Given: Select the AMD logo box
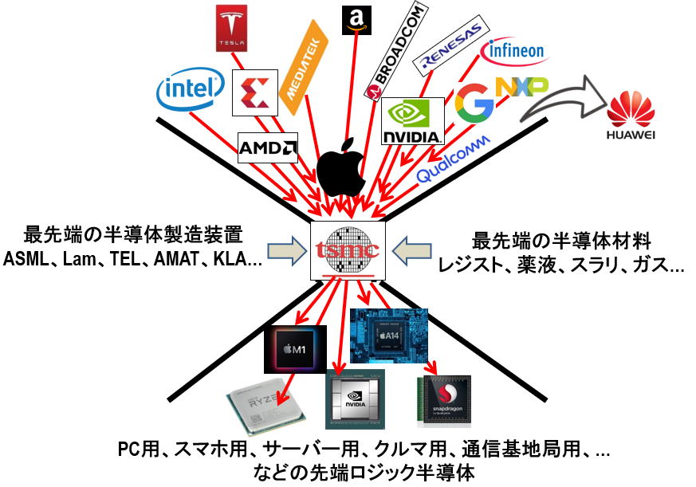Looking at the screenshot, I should point(268,147).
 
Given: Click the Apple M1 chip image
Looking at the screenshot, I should point(295,349).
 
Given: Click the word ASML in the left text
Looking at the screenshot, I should point(27,258).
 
